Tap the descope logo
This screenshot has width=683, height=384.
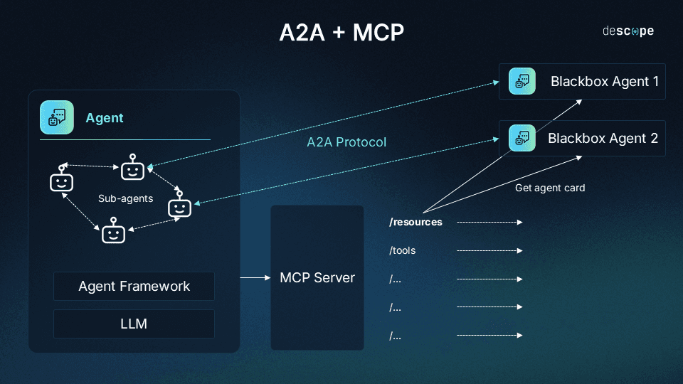(x=628, y=31)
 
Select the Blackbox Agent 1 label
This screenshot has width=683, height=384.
(x=605, y=81)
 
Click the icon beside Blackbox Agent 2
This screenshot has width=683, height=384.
(x=522, y=138)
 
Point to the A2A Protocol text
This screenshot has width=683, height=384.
(x=346, y=142)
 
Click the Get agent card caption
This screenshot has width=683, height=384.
(x=550, y=188)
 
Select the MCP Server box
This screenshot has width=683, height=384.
(x=317, y=277)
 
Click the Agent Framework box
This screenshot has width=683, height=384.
(x=134, y=286)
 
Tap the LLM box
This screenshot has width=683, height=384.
(x=134, y=324)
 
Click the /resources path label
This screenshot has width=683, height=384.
(x=415, y=222)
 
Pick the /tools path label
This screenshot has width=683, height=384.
(x=402, y=250)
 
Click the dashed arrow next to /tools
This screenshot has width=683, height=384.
(x=489, y=250)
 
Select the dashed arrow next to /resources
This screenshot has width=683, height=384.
(x=489, y=222)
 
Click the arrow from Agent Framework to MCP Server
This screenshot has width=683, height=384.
(x=254, y=277)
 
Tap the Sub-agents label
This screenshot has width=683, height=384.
(x=125, y=198)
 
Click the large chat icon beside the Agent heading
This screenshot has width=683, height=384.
(x=57, y=117)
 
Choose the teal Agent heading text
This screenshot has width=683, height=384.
(x=105, y=118)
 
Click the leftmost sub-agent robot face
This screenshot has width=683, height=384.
(x=62, y=181)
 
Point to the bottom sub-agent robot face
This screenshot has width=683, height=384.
(x=113, y=233)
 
